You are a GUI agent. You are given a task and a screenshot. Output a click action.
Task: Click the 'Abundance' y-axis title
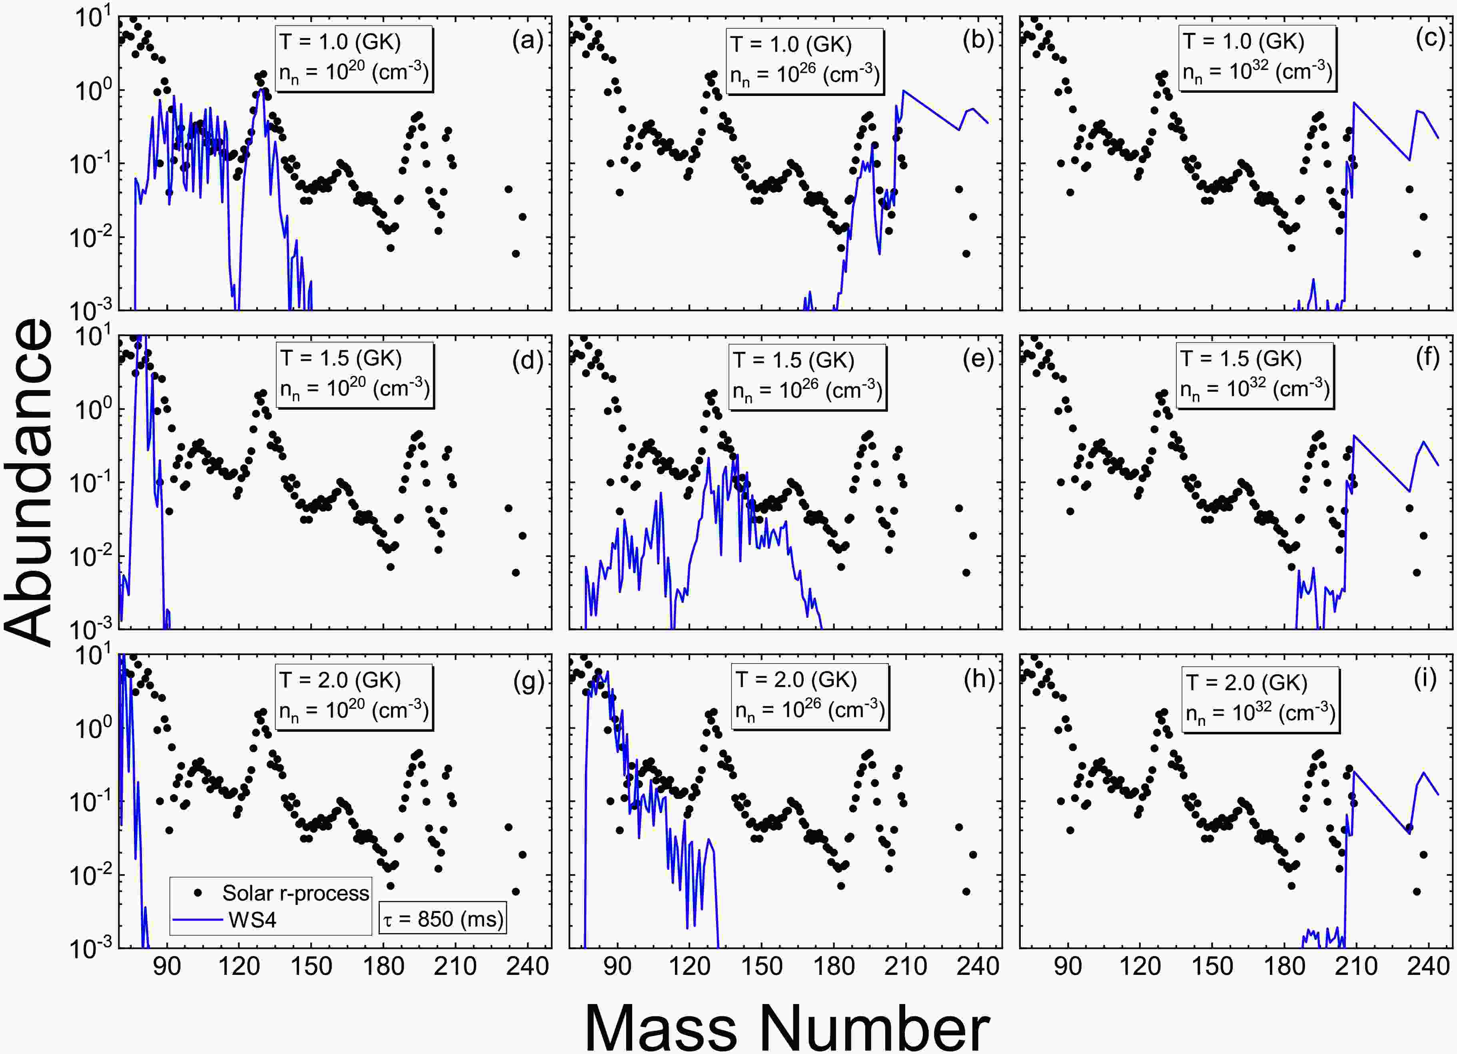pyautogui.click(x=29, y=482)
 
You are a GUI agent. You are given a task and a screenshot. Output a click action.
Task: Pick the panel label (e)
pyautogui.click(x=978, y=360)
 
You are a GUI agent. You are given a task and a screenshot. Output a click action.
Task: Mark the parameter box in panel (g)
pyautogui.click(x=353, y=697)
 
